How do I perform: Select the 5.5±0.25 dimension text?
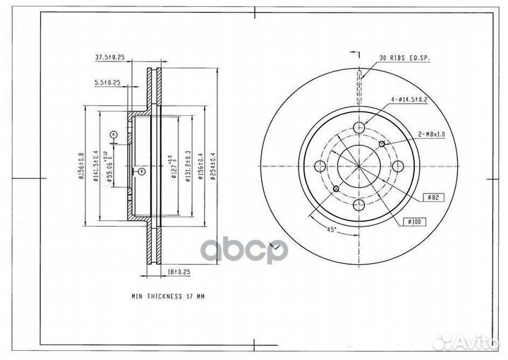point(108,82)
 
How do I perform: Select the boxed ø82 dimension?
point(433,197)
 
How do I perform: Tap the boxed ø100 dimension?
point(413,222)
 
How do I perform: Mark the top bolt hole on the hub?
point(359,127)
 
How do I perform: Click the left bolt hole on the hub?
point(320,167)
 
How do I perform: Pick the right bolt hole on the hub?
point(399,167)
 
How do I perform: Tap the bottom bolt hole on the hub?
point(359,206)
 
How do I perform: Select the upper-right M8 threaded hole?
point(382,144)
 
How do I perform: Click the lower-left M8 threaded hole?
point(337,189)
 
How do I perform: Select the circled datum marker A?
point(112,133)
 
